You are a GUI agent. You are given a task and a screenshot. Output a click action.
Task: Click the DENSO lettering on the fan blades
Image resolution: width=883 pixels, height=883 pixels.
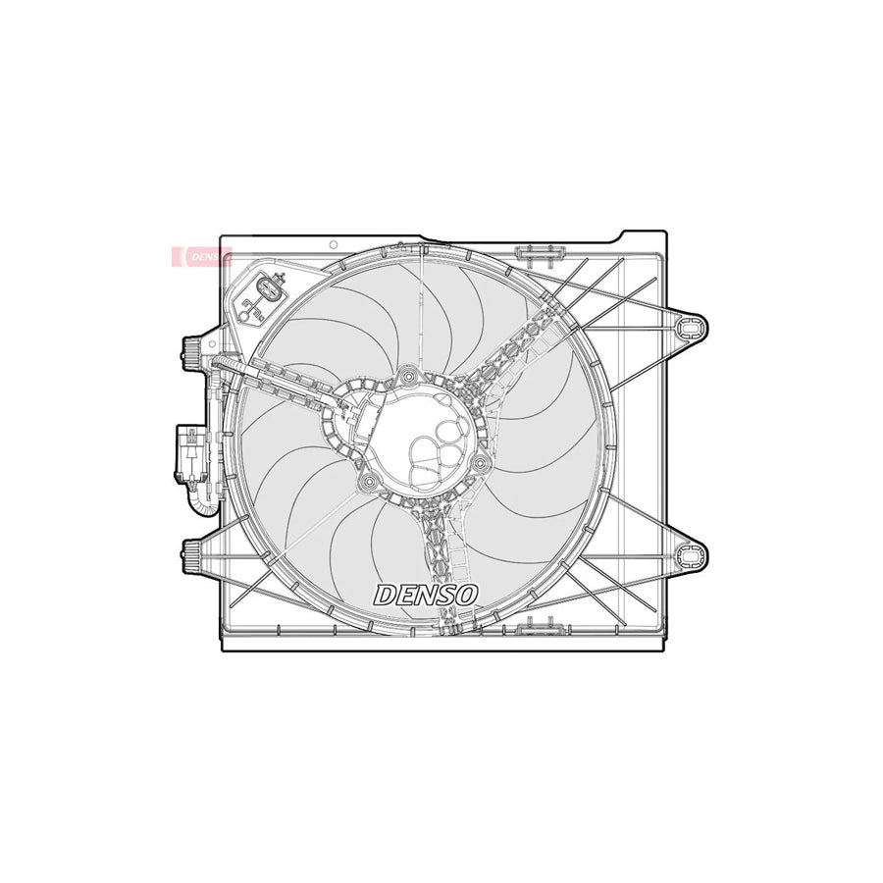(x=425, y=595)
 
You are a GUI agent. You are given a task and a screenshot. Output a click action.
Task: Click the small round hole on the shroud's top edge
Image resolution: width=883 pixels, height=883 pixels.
(x=334, y=244)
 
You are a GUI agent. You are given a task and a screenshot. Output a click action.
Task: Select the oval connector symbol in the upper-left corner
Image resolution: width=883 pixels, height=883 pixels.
(x=268, y=289)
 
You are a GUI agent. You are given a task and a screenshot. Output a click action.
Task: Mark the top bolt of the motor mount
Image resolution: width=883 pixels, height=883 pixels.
(x=409, y=374)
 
